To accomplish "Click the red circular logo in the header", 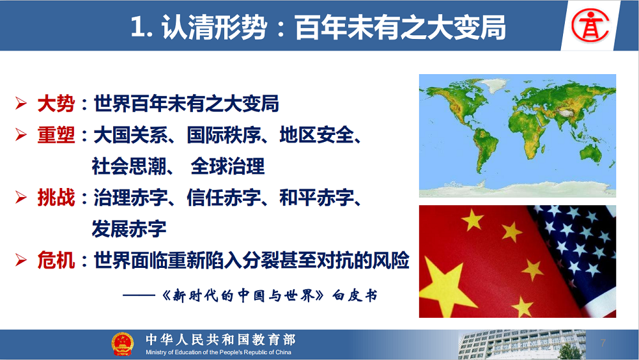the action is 590,26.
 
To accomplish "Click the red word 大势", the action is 56,104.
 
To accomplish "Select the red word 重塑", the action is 56,135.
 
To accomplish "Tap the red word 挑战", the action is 56,198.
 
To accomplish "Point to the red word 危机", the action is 56,260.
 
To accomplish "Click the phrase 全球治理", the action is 227,166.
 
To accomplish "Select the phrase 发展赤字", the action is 129,229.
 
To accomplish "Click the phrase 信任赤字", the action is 224,198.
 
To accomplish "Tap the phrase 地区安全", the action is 317,135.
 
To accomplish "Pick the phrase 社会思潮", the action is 129,166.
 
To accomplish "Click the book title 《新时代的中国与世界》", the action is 243,295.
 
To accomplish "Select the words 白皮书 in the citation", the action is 355,295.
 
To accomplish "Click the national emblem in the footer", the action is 122,344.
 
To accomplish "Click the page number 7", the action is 603,343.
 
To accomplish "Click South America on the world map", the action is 484,149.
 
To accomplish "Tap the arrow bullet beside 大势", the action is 21,104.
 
